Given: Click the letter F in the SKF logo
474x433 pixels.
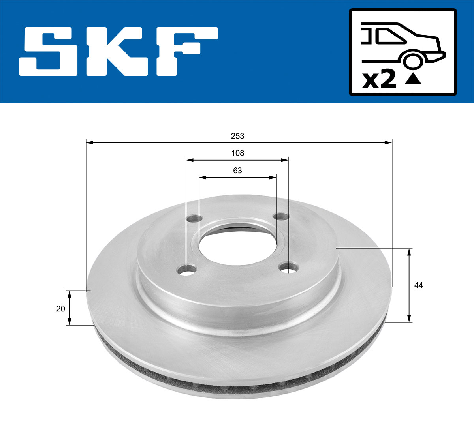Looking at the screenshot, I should (186, 51).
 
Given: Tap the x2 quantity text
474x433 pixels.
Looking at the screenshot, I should (379, 80).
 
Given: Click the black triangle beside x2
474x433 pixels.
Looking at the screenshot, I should (413, 79).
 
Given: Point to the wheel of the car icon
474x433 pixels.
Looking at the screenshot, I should (412, 61).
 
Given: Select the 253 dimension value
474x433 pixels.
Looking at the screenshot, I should (238, 136).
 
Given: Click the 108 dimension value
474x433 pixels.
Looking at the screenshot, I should (238, 153).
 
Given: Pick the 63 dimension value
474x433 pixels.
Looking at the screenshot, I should (238, 171).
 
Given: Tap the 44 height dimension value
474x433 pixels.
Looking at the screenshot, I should (419, 285).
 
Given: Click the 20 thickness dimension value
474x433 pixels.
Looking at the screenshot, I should (60, 309).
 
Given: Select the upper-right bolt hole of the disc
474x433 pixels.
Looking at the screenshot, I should (282, 216).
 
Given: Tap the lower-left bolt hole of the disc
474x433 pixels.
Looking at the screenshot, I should (187, 271).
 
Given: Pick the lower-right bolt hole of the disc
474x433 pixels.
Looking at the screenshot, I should (289, 268).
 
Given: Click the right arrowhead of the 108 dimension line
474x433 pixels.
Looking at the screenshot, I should (285, 160).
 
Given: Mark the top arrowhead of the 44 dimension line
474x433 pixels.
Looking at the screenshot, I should (409, 251).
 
